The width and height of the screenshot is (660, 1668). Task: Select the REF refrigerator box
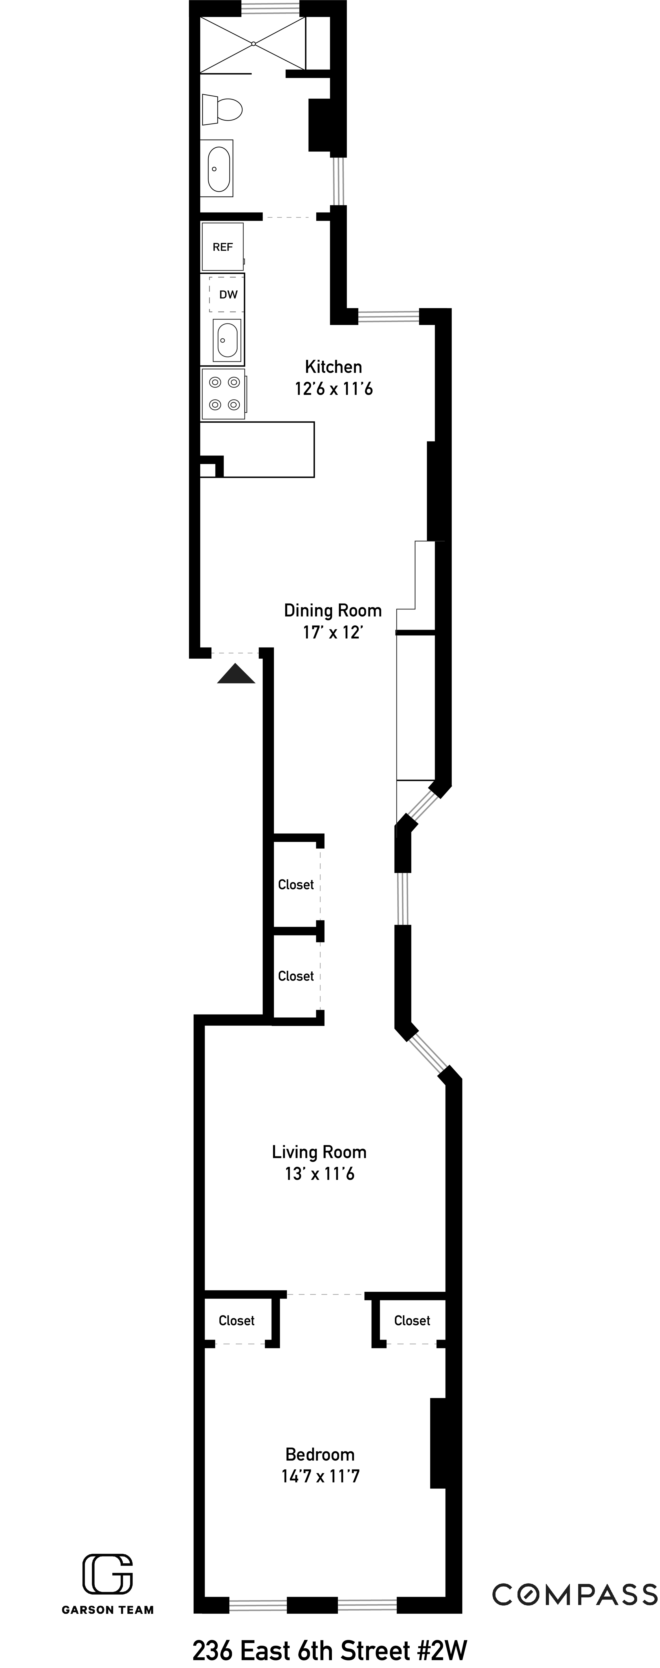tap(222, 247)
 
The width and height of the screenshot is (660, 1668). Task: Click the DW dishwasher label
tap(228, 295)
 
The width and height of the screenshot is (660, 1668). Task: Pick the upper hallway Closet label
tap(295, 884)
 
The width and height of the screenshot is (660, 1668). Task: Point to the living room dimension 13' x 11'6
tap(319, 1174)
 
